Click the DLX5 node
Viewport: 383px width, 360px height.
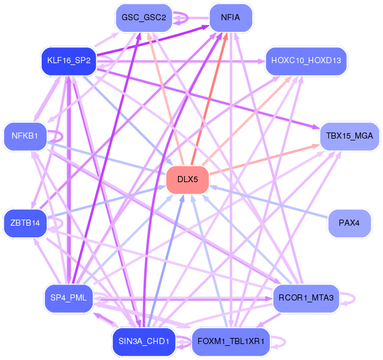click(188, 180)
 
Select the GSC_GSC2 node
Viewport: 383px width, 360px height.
click(144, 18)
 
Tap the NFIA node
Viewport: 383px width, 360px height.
click(231, 18)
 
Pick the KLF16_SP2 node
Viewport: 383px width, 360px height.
click(69, 61)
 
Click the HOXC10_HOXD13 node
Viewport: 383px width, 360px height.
click(306, 61)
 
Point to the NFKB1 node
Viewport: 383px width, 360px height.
click(25, 136)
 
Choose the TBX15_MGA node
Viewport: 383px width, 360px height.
click(349, 136)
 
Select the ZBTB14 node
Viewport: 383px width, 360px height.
click(25, 223)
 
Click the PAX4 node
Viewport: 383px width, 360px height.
click(349, 223)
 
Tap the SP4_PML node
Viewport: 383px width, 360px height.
click(69, 299)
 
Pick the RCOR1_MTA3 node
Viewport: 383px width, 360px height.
click(306, 299)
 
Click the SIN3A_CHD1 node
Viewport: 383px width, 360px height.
click(144, 342)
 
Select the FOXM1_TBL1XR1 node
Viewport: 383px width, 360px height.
click(231, 342)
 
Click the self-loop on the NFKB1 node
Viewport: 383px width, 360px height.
click(62, 136)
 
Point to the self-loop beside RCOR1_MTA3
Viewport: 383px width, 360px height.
click(355, 299)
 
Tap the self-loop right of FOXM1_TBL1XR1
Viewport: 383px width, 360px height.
click(285, 342)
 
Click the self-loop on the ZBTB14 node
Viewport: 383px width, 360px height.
click(62, 223)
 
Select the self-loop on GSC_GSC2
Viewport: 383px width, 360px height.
click(188, 18)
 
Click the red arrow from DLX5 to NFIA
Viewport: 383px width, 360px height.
click(209, 99)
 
